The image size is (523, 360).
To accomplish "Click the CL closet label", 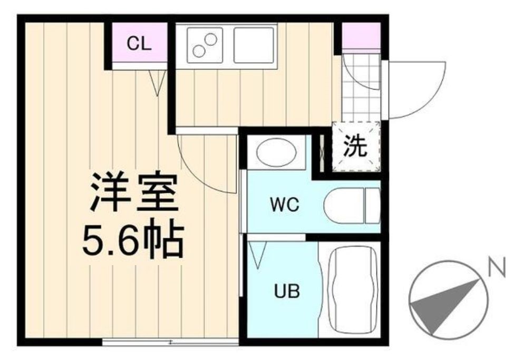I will [139, 44].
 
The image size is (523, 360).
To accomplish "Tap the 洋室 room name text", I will [133, 192].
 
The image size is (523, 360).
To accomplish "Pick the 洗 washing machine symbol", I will [356, 147].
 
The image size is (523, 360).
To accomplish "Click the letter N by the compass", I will [497, 268].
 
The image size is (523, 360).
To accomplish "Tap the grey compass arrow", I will [443, 306].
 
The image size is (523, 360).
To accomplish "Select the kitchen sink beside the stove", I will [254, 45].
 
